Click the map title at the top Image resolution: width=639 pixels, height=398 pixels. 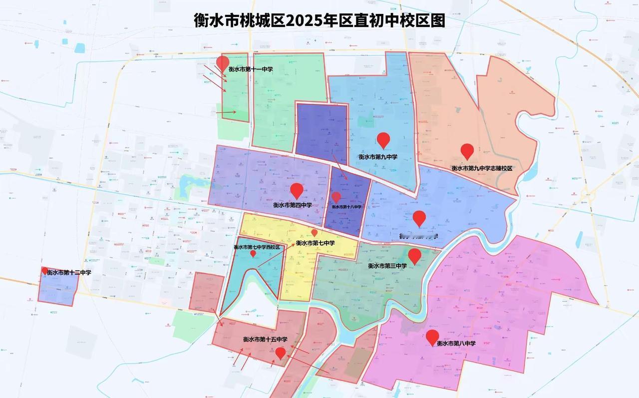click(x=319, y=20)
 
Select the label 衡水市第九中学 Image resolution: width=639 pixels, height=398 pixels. click(x=378, y=157)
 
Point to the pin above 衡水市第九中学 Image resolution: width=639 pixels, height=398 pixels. click(x=383, y=140)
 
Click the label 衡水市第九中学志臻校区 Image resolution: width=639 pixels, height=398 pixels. click(x=482, y=168)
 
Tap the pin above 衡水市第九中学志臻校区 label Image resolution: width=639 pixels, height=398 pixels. click(x=467, y=151)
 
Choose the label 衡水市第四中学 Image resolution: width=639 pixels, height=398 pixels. click(x=293, y=205)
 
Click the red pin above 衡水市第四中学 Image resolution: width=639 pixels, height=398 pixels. click(x=297, y=190)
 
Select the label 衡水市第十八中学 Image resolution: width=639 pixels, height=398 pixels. click(x=346, y=207)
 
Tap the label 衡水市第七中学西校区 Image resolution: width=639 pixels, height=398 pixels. click(x=257, y=247)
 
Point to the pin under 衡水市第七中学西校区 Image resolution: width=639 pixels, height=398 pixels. click(x=253, y=254)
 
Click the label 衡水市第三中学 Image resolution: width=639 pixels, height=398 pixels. click(x=387, y=266)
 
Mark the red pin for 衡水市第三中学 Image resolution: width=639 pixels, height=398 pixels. click(x=415, y=256)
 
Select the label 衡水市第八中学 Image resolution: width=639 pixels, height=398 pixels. click(x=456, y=344)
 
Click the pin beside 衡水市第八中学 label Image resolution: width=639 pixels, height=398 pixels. click(x=432, y=337)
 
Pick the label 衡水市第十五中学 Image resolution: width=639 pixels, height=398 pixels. click(x=265, y=340)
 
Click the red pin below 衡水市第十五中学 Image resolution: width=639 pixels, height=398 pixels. click(x=281, y=353)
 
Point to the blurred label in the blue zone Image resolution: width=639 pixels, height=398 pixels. click(x=418, y=236)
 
